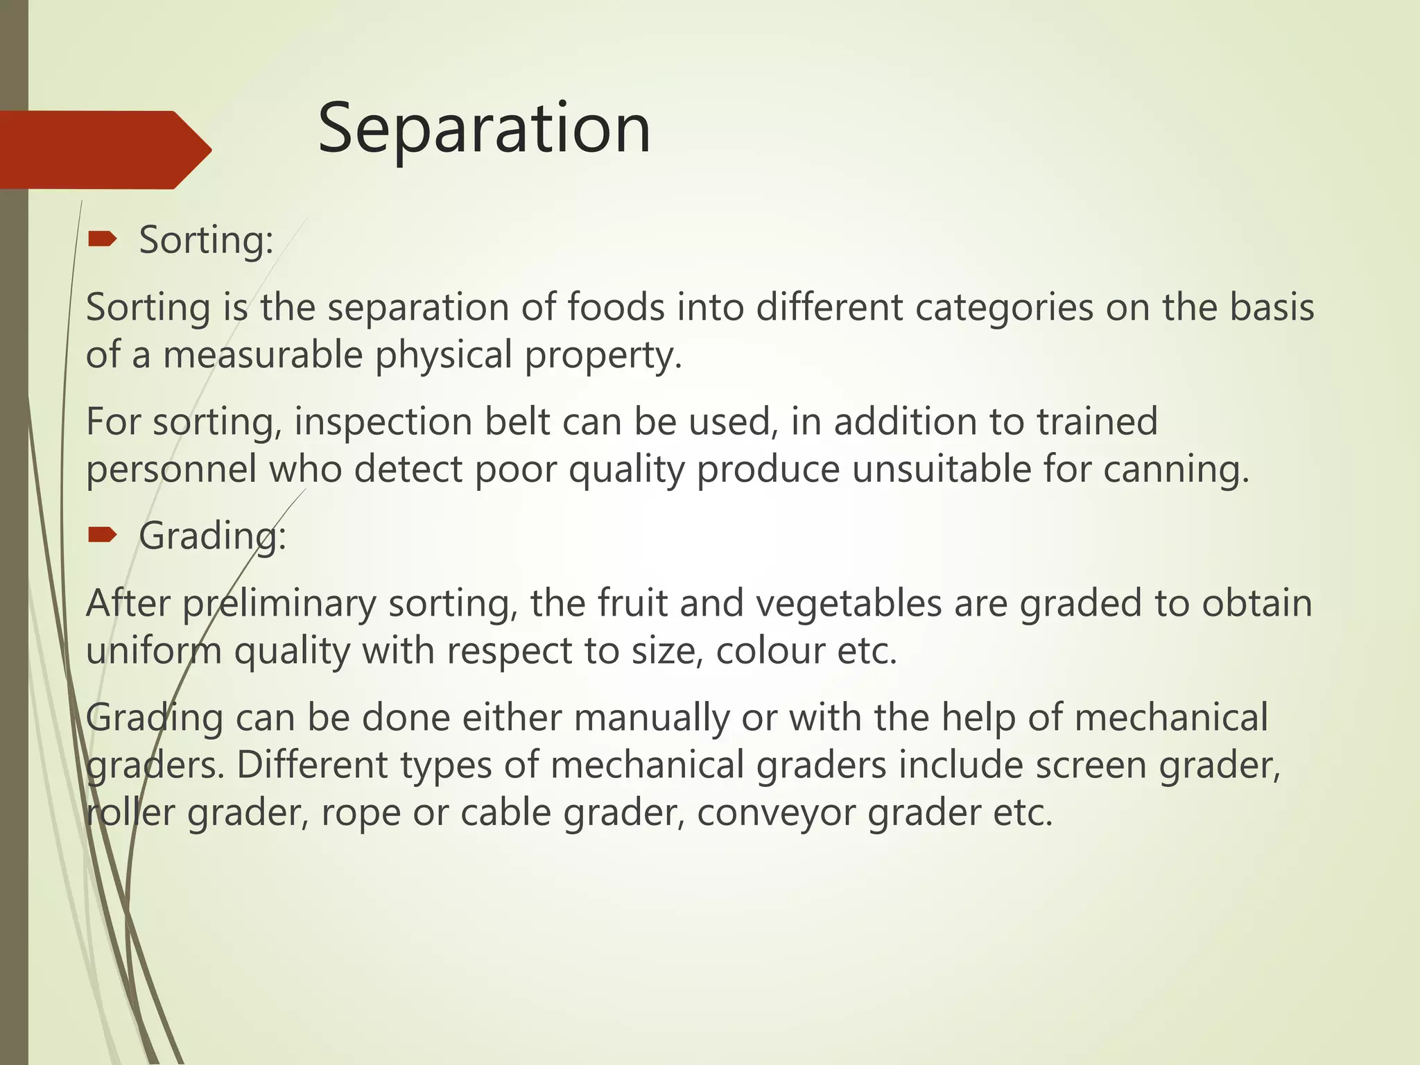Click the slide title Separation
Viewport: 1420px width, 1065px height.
484,129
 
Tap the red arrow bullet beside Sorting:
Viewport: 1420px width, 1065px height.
103,240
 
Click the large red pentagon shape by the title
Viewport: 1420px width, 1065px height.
104,150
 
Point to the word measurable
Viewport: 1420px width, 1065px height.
263,354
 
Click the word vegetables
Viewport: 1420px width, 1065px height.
848,603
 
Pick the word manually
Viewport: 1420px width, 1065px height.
651,718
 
